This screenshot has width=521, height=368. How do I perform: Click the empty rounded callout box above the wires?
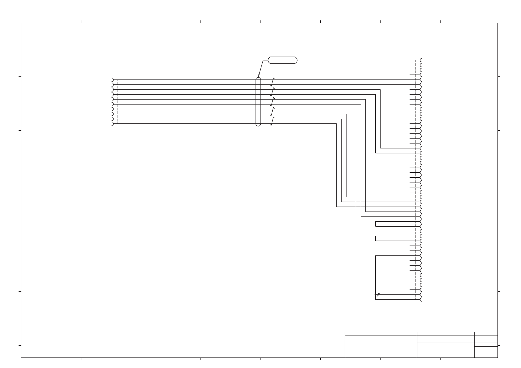[x=282, y=60]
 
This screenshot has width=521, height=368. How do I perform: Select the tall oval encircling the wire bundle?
[x=258, y=102]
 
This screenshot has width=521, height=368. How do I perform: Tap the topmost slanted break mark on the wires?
[x=272, y=82]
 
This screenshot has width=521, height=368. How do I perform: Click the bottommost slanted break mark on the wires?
[x=272, y=122]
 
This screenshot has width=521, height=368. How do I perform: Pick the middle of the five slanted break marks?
[x=272, y=102]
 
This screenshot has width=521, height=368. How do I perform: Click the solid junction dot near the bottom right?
[x=376, y=295]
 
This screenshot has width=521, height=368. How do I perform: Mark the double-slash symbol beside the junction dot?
[x=378, y=295]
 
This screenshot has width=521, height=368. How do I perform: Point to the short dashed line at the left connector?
[x=118, y=102]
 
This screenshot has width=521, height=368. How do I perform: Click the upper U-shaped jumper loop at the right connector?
[x=376, y=224]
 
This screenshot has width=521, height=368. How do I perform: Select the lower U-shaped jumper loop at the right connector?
[x=376, y=238]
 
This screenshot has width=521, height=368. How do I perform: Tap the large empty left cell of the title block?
[x=381, y=346]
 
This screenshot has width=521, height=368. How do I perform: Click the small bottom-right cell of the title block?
[x=486, y=352]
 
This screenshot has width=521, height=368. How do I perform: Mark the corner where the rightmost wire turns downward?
[x=381, y=90]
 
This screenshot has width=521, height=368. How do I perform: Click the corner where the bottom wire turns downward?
[x=336, y=124]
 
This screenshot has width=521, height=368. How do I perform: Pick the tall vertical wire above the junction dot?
[x=376, y=275]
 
